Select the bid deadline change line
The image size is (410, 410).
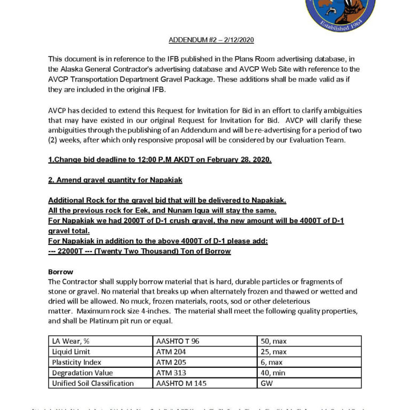point(160,160)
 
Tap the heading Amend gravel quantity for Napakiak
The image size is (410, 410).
point(115,180)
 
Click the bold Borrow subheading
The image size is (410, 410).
point(60,271)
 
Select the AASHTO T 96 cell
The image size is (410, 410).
point(178,341)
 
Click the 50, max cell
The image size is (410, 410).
point(273,341)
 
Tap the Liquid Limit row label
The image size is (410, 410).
point(71,352)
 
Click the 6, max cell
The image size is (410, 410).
point(271,362)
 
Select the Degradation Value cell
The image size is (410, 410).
point(79,373)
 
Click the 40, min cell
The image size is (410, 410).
point(272,373)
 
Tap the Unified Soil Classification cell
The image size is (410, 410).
point(92,383)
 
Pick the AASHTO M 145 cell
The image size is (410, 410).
point(181,383)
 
